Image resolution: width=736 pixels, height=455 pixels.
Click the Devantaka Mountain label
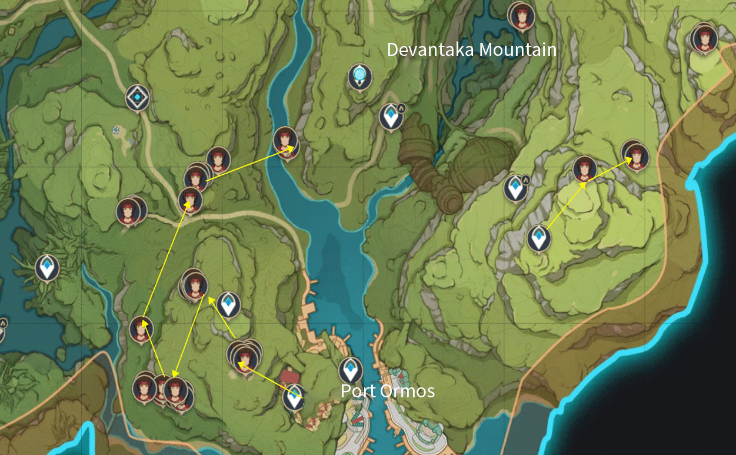(x=471, y=50)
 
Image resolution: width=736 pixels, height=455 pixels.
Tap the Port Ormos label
(x=388, y=391)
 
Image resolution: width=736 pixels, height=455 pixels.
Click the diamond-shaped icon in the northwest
(x=137, y=97)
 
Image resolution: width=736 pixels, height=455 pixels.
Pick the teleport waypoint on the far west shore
(x=47, y=267)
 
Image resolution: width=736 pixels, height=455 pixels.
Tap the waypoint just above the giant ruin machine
(x=391, y=117)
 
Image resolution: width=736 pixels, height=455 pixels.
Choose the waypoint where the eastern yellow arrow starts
(x=538, y=238)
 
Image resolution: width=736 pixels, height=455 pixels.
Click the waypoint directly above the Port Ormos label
(x=351, y=370)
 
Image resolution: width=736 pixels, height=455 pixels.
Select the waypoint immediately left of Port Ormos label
(x=294, y=398)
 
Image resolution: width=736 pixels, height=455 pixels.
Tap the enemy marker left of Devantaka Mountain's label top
(x=521, y=16)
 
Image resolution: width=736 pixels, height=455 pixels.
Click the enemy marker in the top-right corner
(x=702, y=39)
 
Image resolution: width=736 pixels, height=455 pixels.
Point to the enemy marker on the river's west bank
(x=285, y=141)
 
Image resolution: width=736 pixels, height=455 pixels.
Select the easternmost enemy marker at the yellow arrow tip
(x=635, y=155)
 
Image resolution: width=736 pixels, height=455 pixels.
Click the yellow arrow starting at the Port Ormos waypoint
(x=271, y=381)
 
